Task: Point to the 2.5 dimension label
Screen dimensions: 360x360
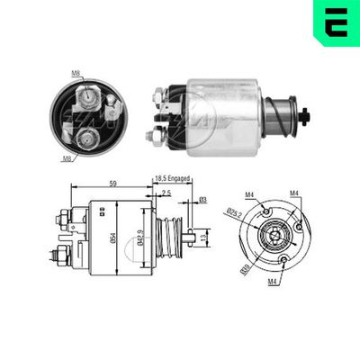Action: [x=167, y=193]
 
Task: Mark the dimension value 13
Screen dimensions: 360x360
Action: [x=205, y=238]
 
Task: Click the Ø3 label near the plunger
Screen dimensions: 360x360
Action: [x=203, y=199]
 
